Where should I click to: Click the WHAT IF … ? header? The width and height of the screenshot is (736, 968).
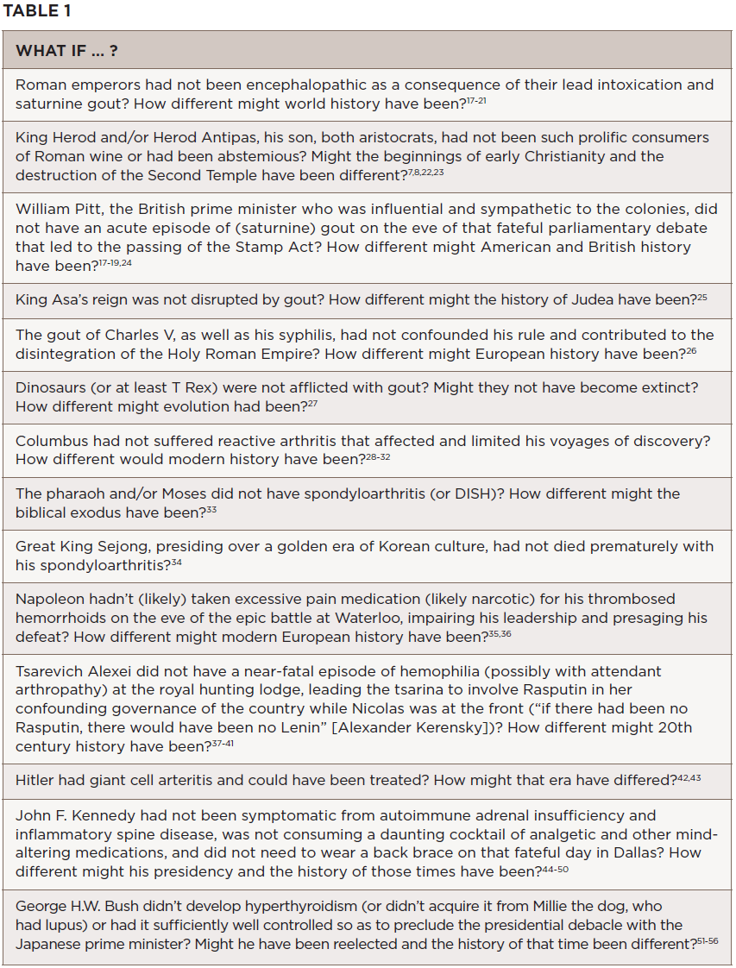click(66, 51)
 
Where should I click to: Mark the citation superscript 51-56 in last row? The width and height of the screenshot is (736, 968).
click(706, 941)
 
